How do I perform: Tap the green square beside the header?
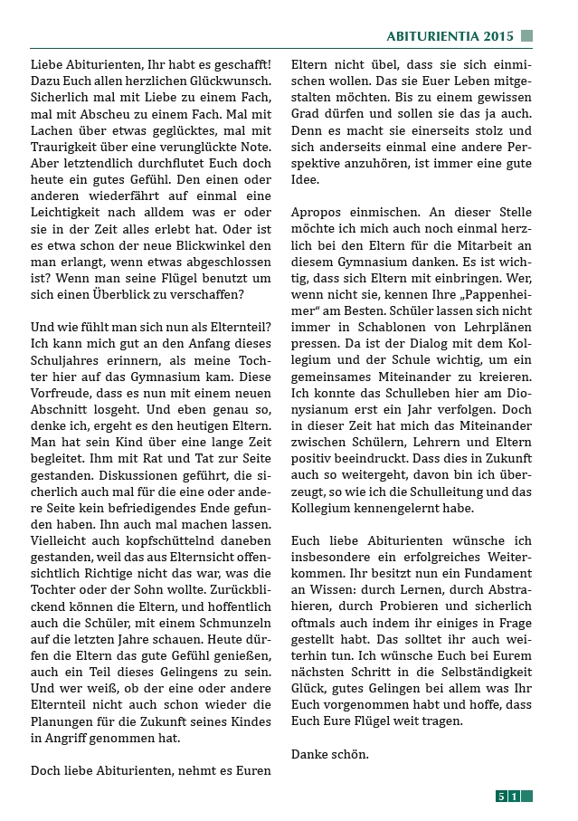click(x=526, y=36)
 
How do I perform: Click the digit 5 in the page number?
click(x=501, y=797)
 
